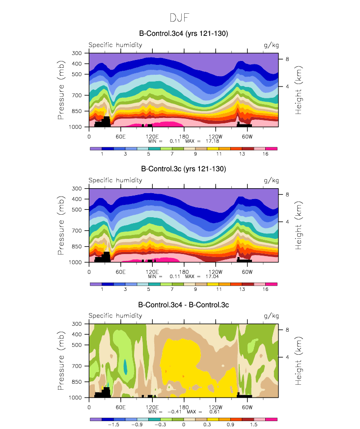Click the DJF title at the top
(x=180, y=18)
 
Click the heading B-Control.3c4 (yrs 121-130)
(x=184, y=33)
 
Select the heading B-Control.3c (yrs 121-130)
(x=184, y=169)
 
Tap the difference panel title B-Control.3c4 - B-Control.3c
(x=184, y=305)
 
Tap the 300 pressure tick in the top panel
(x=77, y=53)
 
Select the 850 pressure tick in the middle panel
(x=77, y=247)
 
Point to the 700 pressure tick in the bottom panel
(x=77, y=366)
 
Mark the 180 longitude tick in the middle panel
(x=184, y=271)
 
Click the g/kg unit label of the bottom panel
(x=271, y=316)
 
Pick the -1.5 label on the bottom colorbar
(x=113, y=426)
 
